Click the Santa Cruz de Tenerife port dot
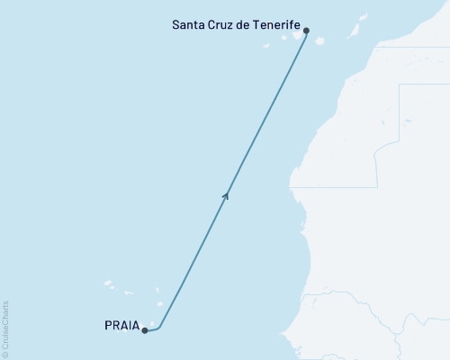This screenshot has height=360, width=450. tap(307, 31)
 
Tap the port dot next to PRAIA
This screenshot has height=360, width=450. tap(145, 330)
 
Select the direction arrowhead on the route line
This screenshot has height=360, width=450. tap(226, 193)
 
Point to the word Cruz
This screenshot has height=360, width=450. tap(223, 25)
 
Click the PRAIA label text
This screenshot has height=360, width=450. tap(121, 328)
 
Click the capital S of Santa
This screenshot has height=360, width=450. tap(175, 25)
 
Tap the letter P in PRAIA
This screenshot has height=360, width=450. tap(108, 328)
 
